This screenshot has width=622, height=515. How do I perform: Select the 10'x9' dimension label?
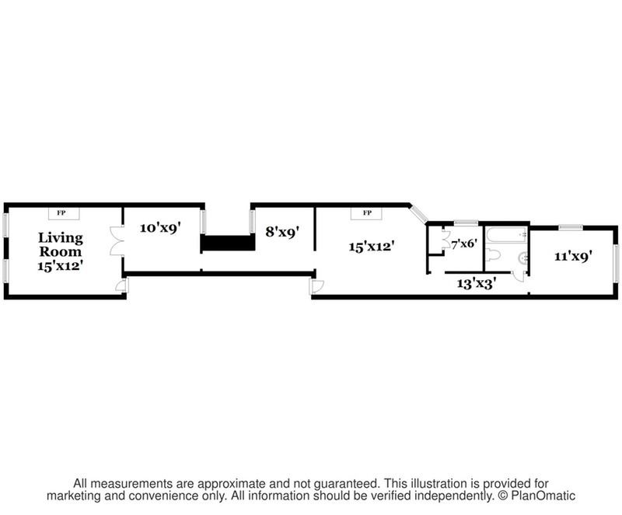(159, 228)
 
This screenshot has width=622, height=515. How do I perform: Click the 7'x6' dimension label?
(463, 243)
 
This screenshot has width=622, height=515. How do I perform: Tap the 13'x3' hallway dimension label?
(476, 284)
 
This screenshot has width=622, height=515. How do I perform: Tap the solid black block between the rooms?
(229, 243)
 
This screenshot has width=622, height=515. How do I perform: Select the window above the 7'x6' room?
(466, 222)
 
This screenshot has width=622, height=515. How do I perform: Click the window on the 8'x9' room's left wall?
(251, 221)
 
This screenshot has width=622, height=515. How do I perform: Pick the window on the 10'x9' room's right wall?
(204, 221)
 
